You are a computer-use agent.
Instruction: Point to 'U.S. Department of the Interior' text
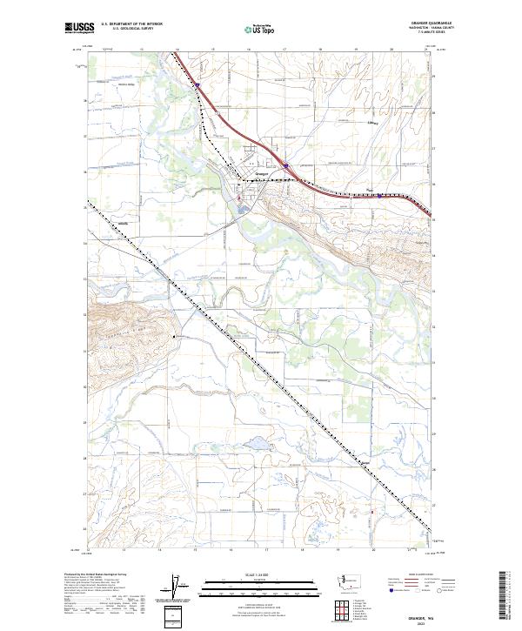point(131,24)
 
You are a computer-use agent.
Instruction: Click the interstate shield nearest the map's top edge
point(198,85)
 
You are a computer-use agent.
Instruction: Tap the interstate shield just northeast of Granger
point(286,162)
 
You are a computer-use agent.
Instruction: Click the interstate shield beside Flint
point(379,196)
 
